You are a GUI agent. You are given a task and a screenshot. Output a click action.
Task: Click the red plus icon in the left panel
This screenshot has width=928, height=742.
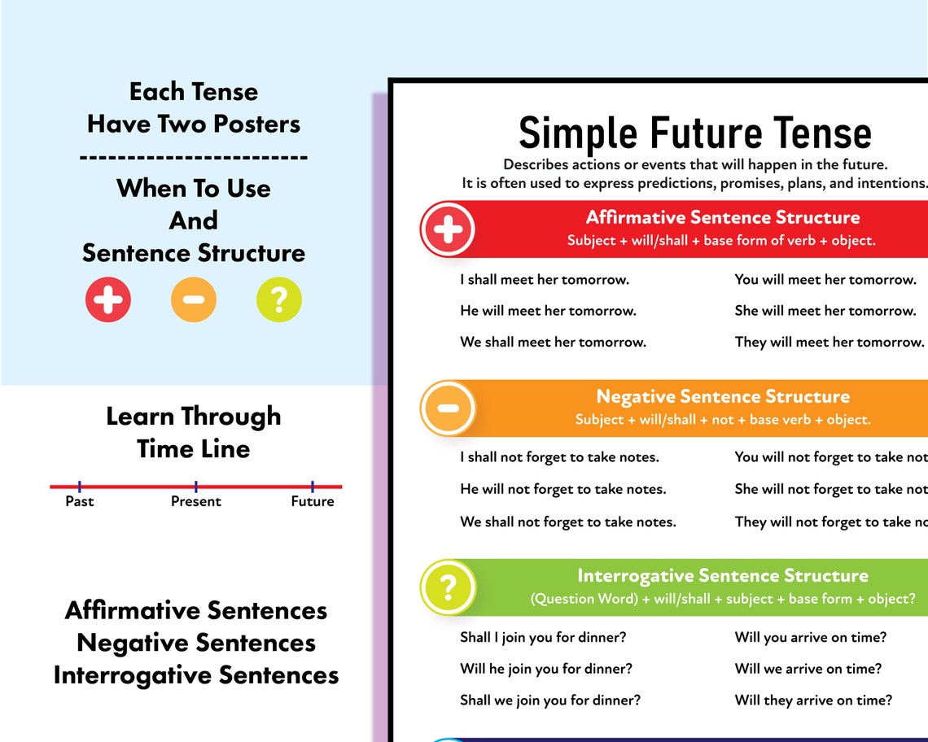coord(108,299)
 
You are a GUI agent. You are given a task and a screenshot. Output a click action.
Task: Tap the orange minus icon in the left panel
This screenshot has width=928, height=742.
coord(194,299)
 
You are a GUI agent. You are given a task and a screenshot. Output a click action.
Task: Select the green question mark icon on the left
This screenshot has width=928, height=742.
coord(278,299)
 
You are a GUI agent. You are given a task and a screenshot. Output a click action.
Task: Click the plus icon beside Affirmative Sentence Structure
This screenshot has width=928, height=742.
coord(448,229)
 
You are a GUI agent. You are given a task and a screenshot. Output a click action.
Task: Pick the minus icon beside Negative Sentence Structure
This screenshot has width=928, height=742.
coord(448,408)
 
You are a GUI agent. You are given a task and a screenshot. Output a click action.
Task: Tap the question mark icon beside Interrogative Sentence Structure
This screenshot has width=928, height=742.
coord(448,587)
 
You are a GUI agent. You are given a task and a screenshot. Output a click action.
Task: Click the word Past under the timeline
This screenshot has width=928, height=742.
coord(80,501)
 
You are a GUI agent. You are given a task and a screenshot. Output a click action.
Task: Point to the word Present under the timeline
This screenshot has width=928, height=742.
coord(196,501)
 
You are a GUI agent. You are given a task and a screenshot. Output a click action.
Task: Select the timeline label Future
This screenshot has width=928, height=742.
coord(313,501)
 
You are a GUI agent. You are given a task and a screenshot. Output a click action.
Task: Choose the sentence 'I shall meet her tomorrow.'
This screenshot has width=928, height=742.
coord(545,280)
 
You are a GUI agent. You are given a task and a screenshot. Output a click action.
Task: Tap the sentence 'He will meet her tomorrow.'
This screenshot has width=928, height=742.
coord(548,311)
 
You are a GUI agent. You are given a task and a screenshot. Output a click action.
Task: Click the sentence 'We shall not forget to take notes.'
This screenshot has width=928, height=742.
coord(568,522)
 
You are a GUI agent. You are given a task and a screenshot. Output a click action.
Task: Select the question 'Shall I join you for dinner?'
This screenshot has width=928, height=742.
coord(543,637)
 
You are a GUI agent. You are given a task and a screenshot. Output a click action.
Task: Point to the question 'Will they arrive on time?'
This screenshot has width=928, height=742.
coord(813,700)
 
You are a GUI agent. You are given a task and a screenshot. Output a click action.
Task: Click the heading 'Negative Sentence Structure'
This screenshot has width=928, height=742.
coord(723,397)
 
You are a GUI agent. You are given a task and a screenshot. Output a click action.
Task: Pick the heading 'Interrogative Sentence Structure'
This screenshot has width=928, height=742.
coord(723,576)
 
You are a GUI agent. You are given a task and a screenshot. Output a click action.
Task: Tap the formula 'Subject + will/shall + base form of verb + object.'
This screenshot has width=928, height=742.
coord(721,241)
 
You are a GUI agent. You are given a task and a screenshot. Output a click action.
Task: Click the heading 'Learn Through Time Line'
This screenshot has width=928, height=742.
coord(194,432)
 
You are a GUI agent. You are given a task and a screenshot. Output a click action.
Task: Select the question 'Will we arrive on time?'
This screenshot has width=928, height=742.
coord(808,669)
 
